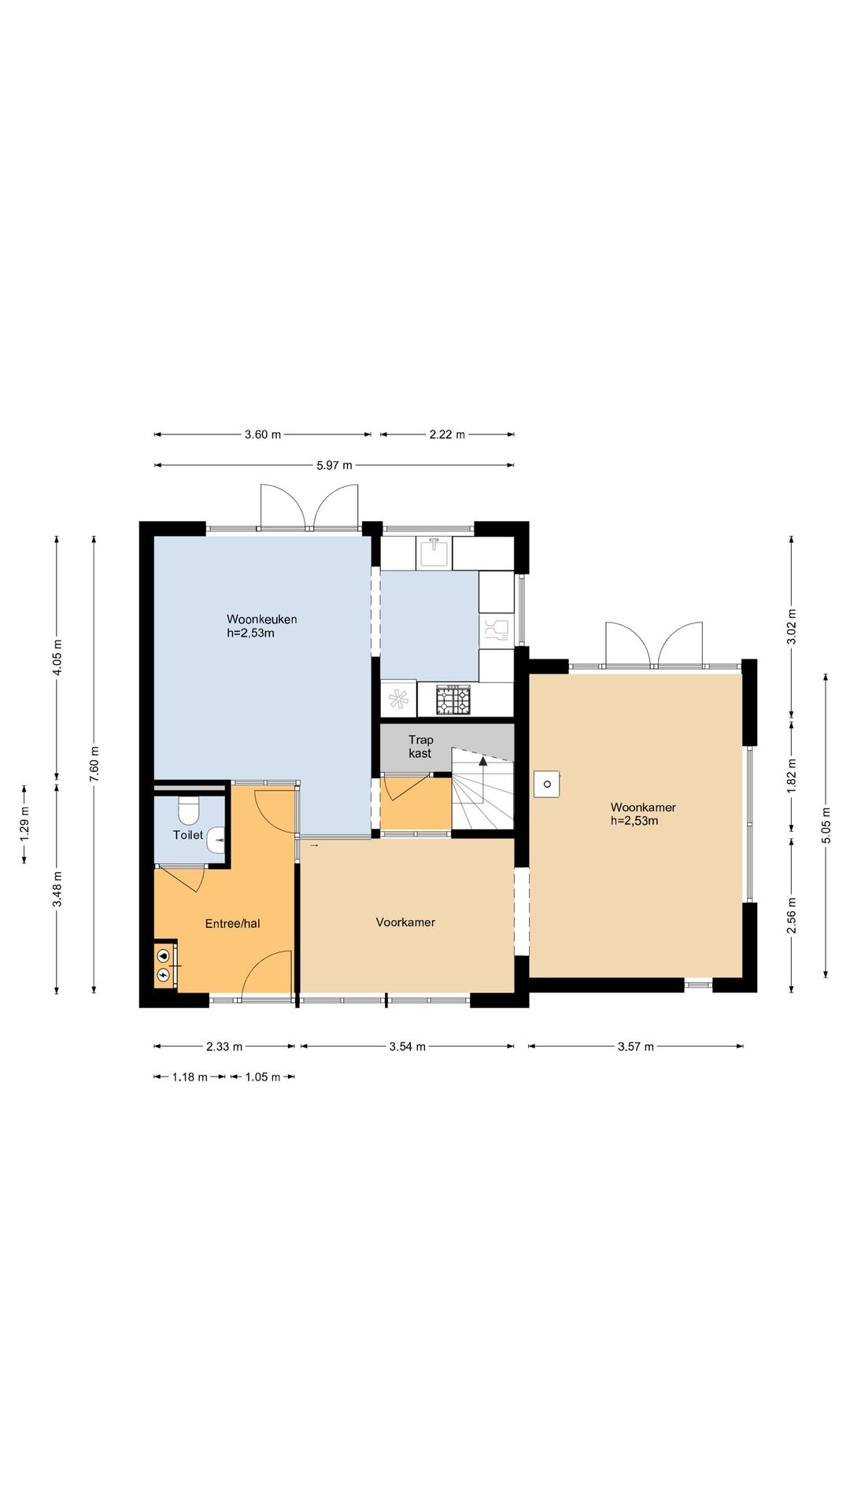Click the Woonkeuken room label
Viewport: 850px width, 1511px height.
pyautogui.click(x=262, y=619)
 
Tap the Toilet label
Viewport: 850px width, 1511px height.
pyautogui.click(x=188, y=835)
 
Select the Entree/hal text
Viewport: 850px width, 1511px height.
pyautogui.click(x=232, y=924)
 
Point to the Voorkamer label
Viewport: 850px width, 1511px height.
pyautogui.click(x=405, y=922)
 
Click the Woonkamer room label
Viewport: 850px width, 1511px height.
pyautogui.click(x=643, y=807)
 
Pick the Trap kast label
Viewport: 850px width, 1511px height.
pyautogui.click(x=420, y=746)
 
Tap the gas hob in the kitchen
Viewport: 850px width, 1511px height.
pyautogui.click(x=453, y=700)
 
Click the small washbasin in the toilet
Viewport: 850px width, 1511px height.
pyautogui.click(x=216, y=840)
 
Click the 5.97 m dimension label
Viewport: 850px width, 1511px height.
pyautogui.click(x=334, y=465)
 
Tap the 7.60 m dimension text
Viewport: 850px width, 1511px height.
pyautogui.click(x=94, y=763)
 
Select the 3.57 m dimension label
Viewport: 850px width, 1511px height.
pyautogui.click(x=636, y=1047)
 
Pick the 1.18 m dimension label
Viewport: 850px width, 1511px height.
pyautogui.click(x=190, y=1077)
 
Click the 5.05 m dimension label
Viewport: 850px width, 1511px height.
pyautogui.click(x=826, y=826)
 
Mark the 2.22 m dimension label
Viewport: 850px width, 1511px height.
pyautogui.click(x=447, y=434)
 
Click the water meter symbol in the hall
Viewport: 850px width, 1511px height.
pyautogui.click(x=163, y=955)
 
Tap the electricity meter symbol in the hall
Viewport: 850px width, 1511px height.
pyautogui.click(x=163, y=975)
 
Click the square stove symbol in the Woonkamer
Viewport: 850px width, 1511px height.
pyautogui.click(x=546, y=784)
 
